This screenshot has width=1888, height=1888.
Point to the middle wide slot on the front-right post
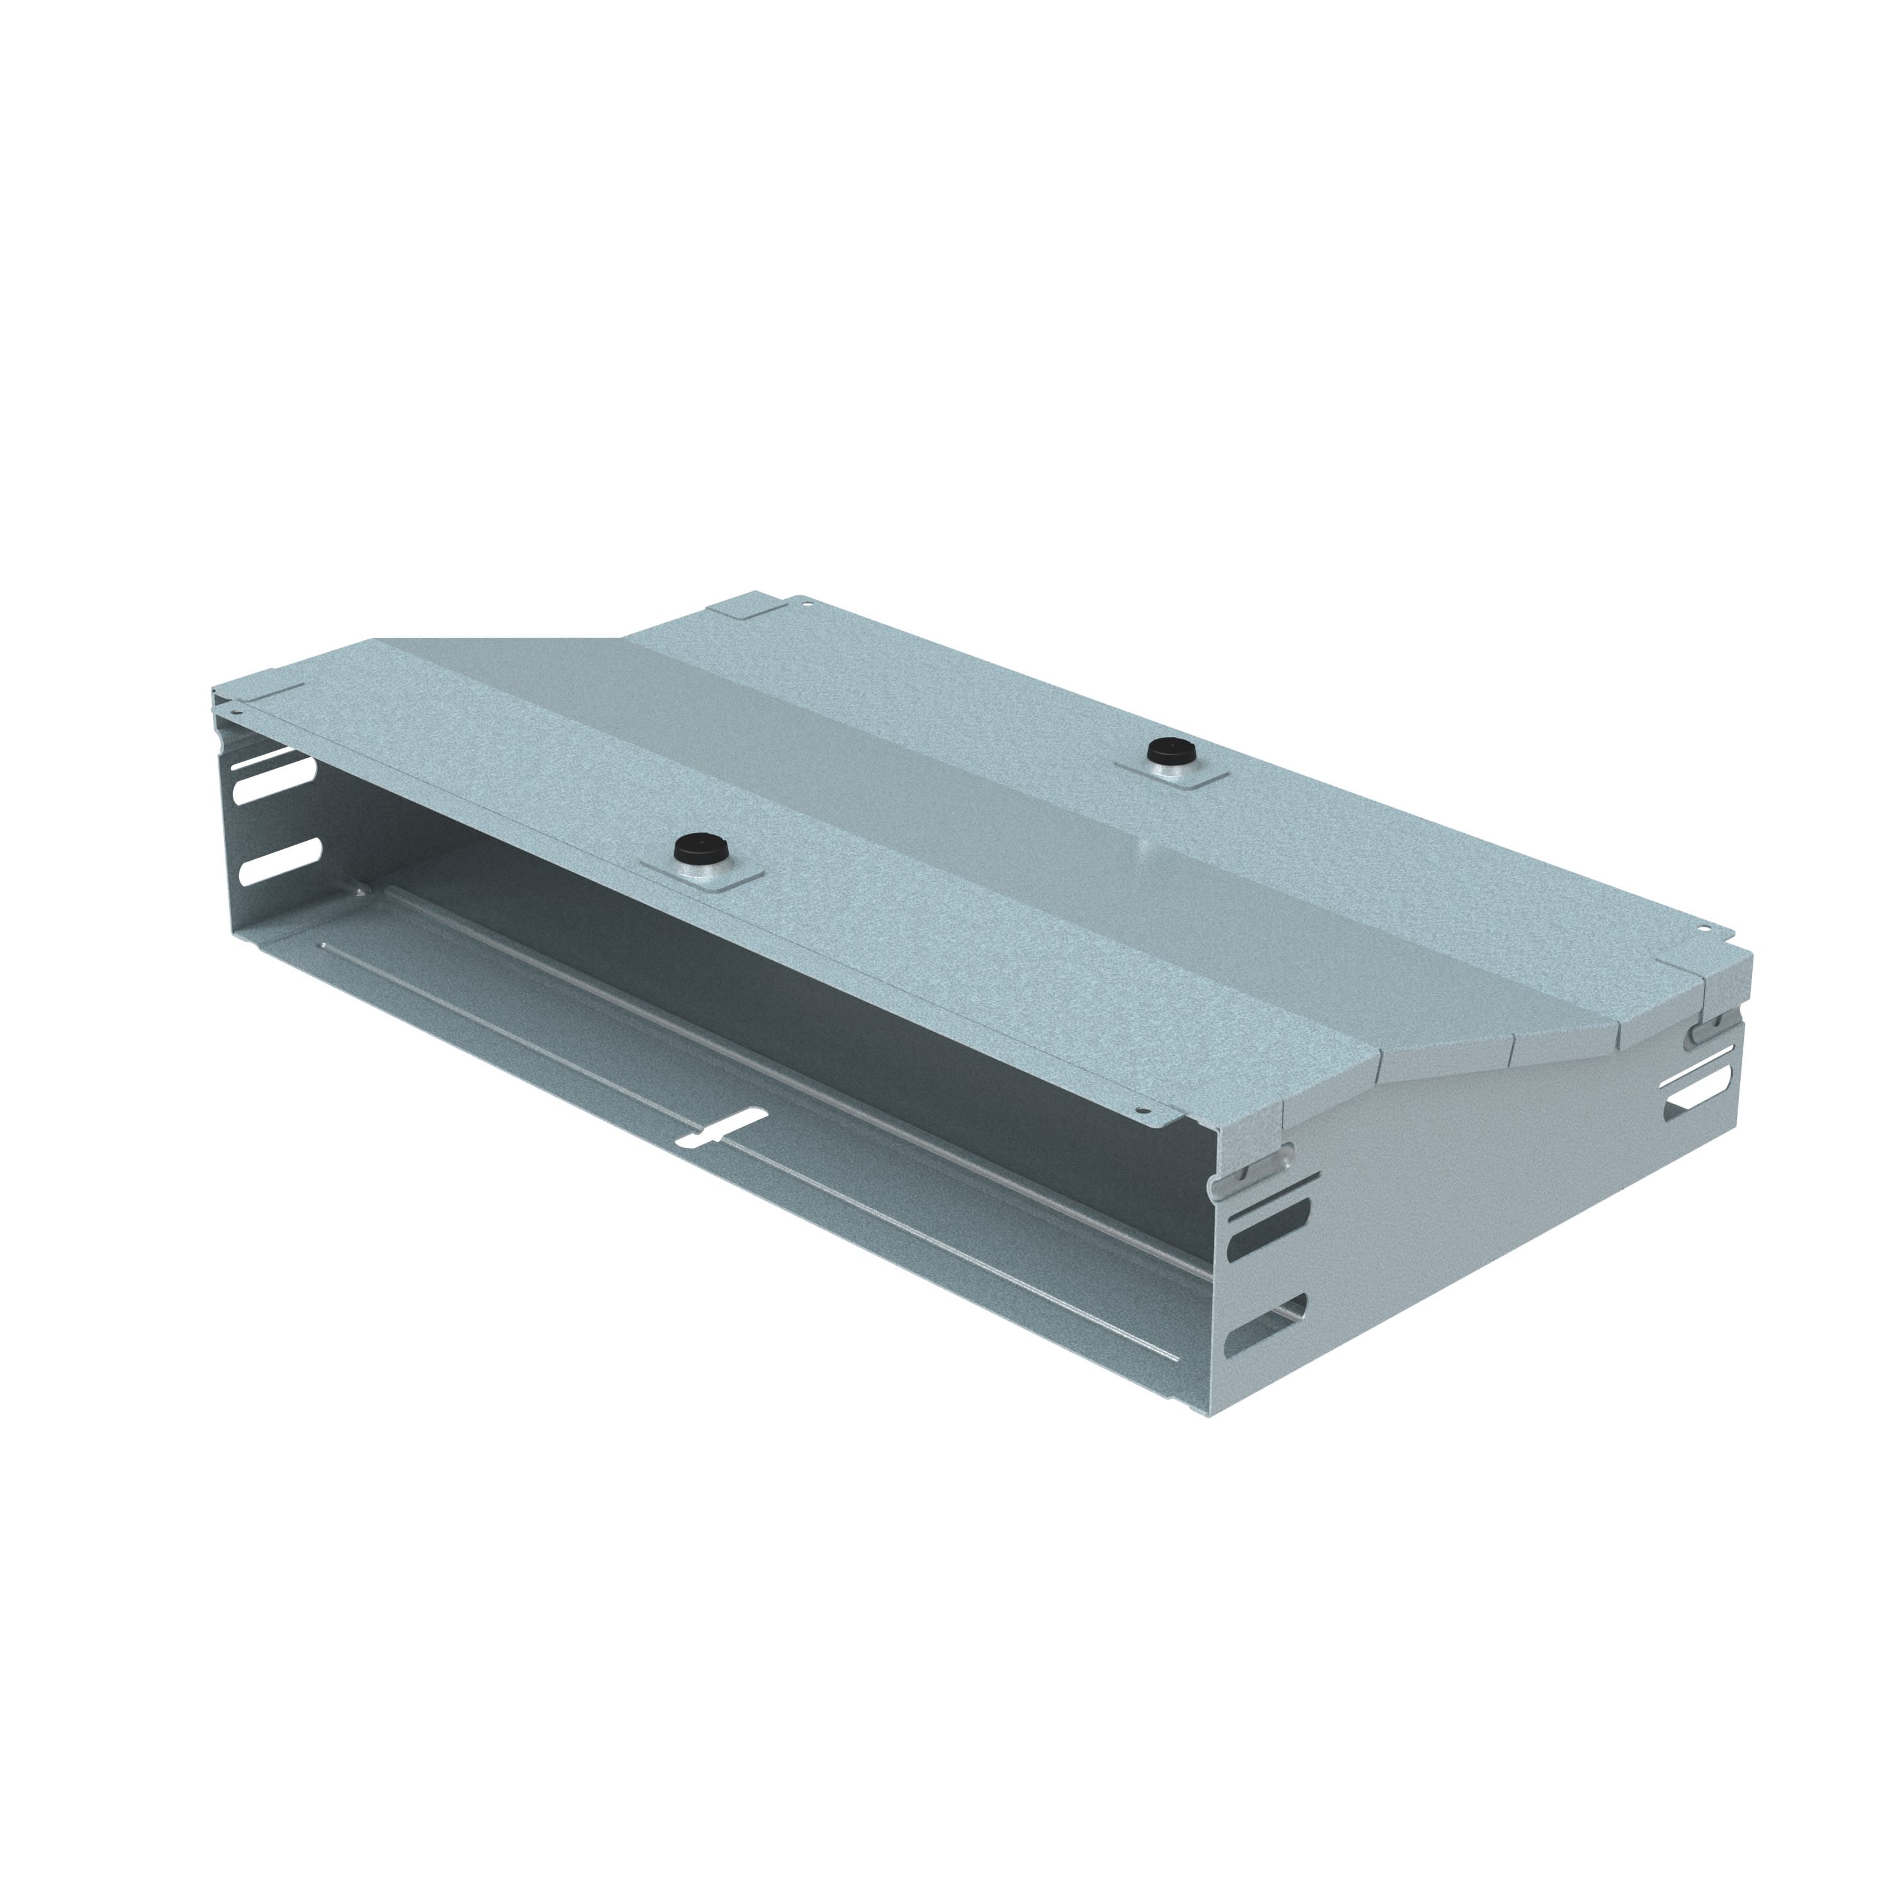[x=1269, y=1243]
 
